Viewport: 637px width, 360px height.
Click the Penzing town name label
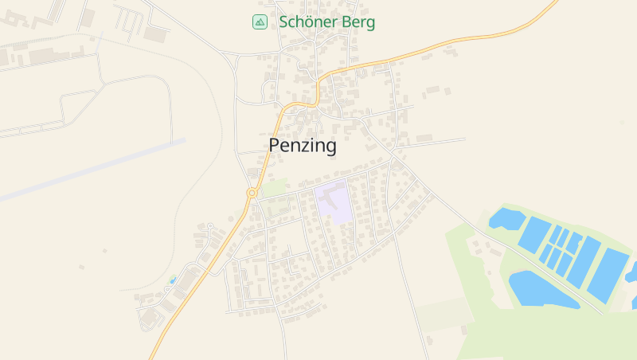coord(303,146)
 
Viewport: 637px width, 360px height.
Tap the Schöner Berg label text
coord(326,22)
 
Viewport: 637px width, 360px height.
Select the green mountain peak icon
coord(260,22)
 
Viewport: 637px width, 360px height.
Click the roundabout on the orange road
coord(252,193)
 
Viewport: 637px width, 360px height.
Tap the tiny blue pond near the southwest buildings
coord(172,280)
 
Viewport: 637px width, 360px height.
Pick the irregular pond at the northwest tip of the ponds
coord(506,217)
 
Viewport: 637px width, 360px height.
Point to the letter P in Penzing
coord(275,146)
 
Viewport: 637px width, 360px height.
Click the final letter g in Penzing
coord(330,147)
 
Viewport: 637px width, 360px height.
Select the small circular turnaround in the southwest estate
coord(209,227)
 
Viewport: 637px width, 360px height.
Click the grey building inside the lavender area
coord(333,194)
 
